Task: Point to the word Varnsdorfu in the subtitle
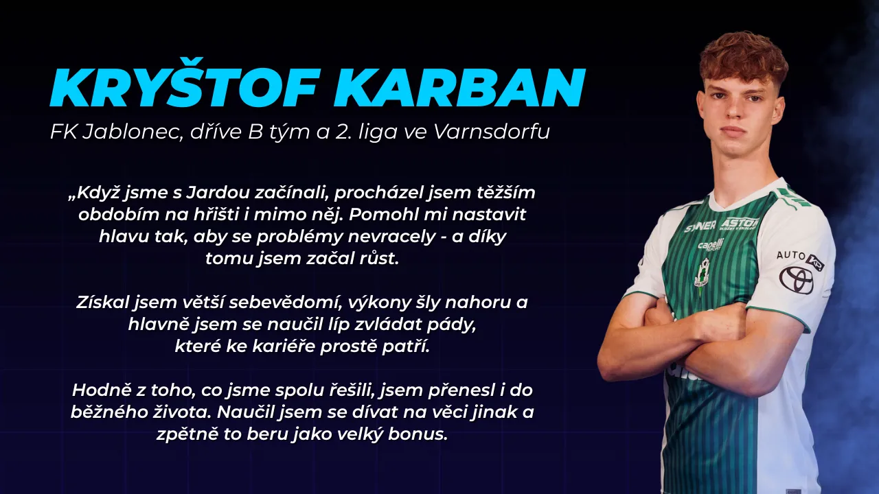pyautogui.click(x=491, y=132)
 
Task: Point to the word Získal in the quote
pyautogui.click(x=103, y=303)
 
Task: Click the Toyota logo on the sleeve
pyautogui.click(x=796, y=279)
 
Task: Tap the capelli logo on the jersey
pyautogui.click(x=711, y=245)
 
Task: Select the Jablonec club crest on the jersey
pyautogui.click(x=702, y=272)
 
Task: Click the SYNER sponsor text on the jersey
pyautogui.click(x=700, y=226)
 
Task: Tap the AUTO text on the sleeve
pyautogui.click(x=790, y=255)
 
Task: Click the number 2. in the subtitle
pyautogui.click(x=343, y=132)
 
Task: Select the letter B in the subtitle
pyautogui.click(x=255, y=132)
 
